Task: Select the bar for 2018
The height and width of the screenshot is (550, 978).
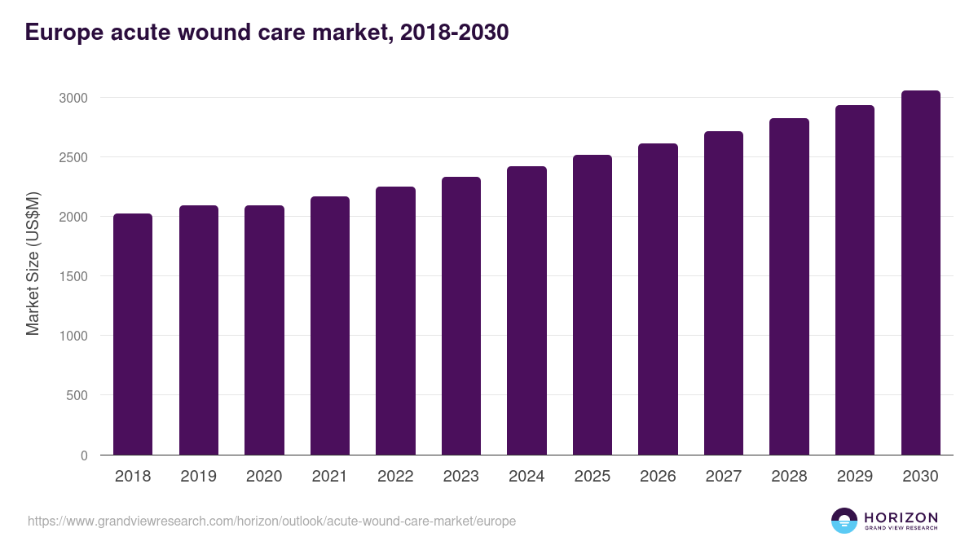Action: (133, 334)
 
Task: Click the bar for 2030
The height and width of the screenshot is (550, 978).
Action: (920, 273)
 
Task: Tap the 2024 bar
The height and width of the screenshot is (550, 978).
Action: (526, 310)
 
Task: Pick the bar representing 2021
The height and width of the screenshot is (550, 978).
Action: (329, 326)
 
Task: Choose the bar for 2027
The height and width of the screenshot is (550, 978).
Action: (724, 293)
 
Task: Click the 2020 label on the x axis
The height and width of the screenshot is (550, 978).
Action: (263, 477)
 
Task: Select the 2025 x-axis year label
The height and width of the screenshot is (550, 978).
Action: (592, 477)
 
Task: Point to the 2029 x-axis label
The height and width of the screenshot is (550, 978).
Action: (854, 477)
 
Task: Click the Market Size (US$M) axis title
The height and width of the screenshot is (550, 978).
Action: (33, 265)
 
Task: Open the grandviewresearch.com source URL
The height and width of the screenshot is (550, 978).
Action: (271, 521)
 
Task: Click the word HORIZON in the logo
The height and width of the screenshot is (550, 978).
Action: (901, 517)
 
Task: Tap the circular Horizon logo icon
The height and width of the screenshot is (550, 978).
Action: (844, 521)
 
